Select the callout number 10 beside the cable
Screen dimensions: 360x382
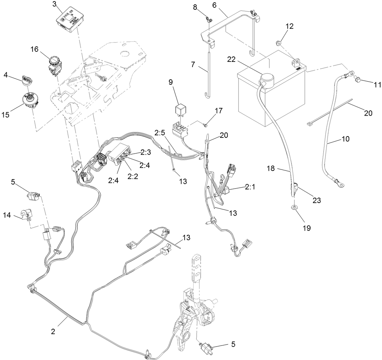pos(346,138)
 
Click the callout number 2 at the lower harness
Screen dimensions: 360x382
pos(53,331)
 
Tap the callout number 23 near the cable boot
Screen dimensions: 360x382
pos(316,201)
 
